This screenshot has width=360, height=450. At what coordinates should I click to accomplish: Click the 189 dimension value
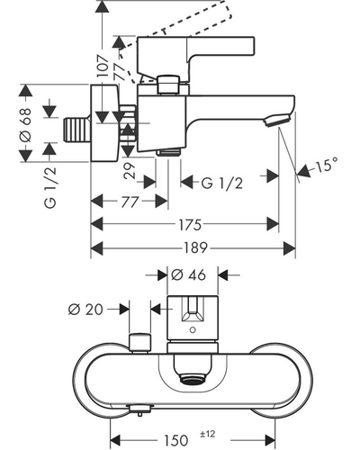coord(195,248)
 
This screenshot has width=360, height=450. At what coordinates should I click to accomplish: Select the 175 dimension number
coord(190,225)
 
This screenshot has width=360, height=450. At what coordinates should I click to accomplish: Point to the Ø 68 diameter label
coord(25,125)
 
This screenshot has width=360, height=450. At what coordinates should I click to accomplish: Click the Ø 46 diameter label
coord(189,274)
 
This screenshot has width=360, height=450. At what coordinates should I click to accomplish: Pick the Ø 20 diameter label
coord(85,310)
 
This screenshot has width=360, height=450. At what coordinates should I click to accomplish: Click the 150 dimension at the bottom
coord(175,440)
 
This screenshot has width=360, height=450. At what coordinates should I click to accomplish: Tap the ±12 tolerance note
coord(208,434)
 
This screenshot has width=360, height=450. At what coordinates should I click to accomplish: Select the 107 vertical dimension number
coord(103,67)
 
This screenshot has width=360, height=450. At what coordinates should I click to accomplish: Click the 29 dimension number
coord(130,171)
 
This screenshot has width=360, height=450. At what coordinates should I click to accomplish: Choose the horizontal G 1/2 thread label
coord(221,183)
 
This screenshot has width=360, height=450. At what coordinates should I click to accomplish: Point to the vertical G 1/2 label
coord(50,188)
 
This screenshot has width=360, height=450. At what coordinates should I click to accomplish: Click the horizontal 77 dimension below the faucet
coord(130,202)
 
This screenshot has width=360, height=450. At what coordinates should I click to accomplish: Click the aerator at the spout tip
coord(276,121)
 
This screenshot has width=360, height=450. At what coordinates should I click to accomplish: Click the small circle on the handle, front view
coord(193,330)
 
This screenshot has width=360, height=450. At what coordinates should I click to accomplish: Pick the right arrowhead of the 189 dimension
coord(290,248)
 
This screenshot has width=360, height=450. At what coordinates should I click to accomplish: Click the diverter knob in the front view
coord(139,342)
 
